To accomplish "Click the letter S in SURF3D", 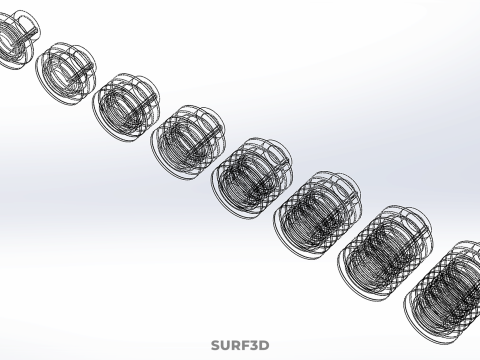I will pyautogui.click(x=215, y=346).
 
